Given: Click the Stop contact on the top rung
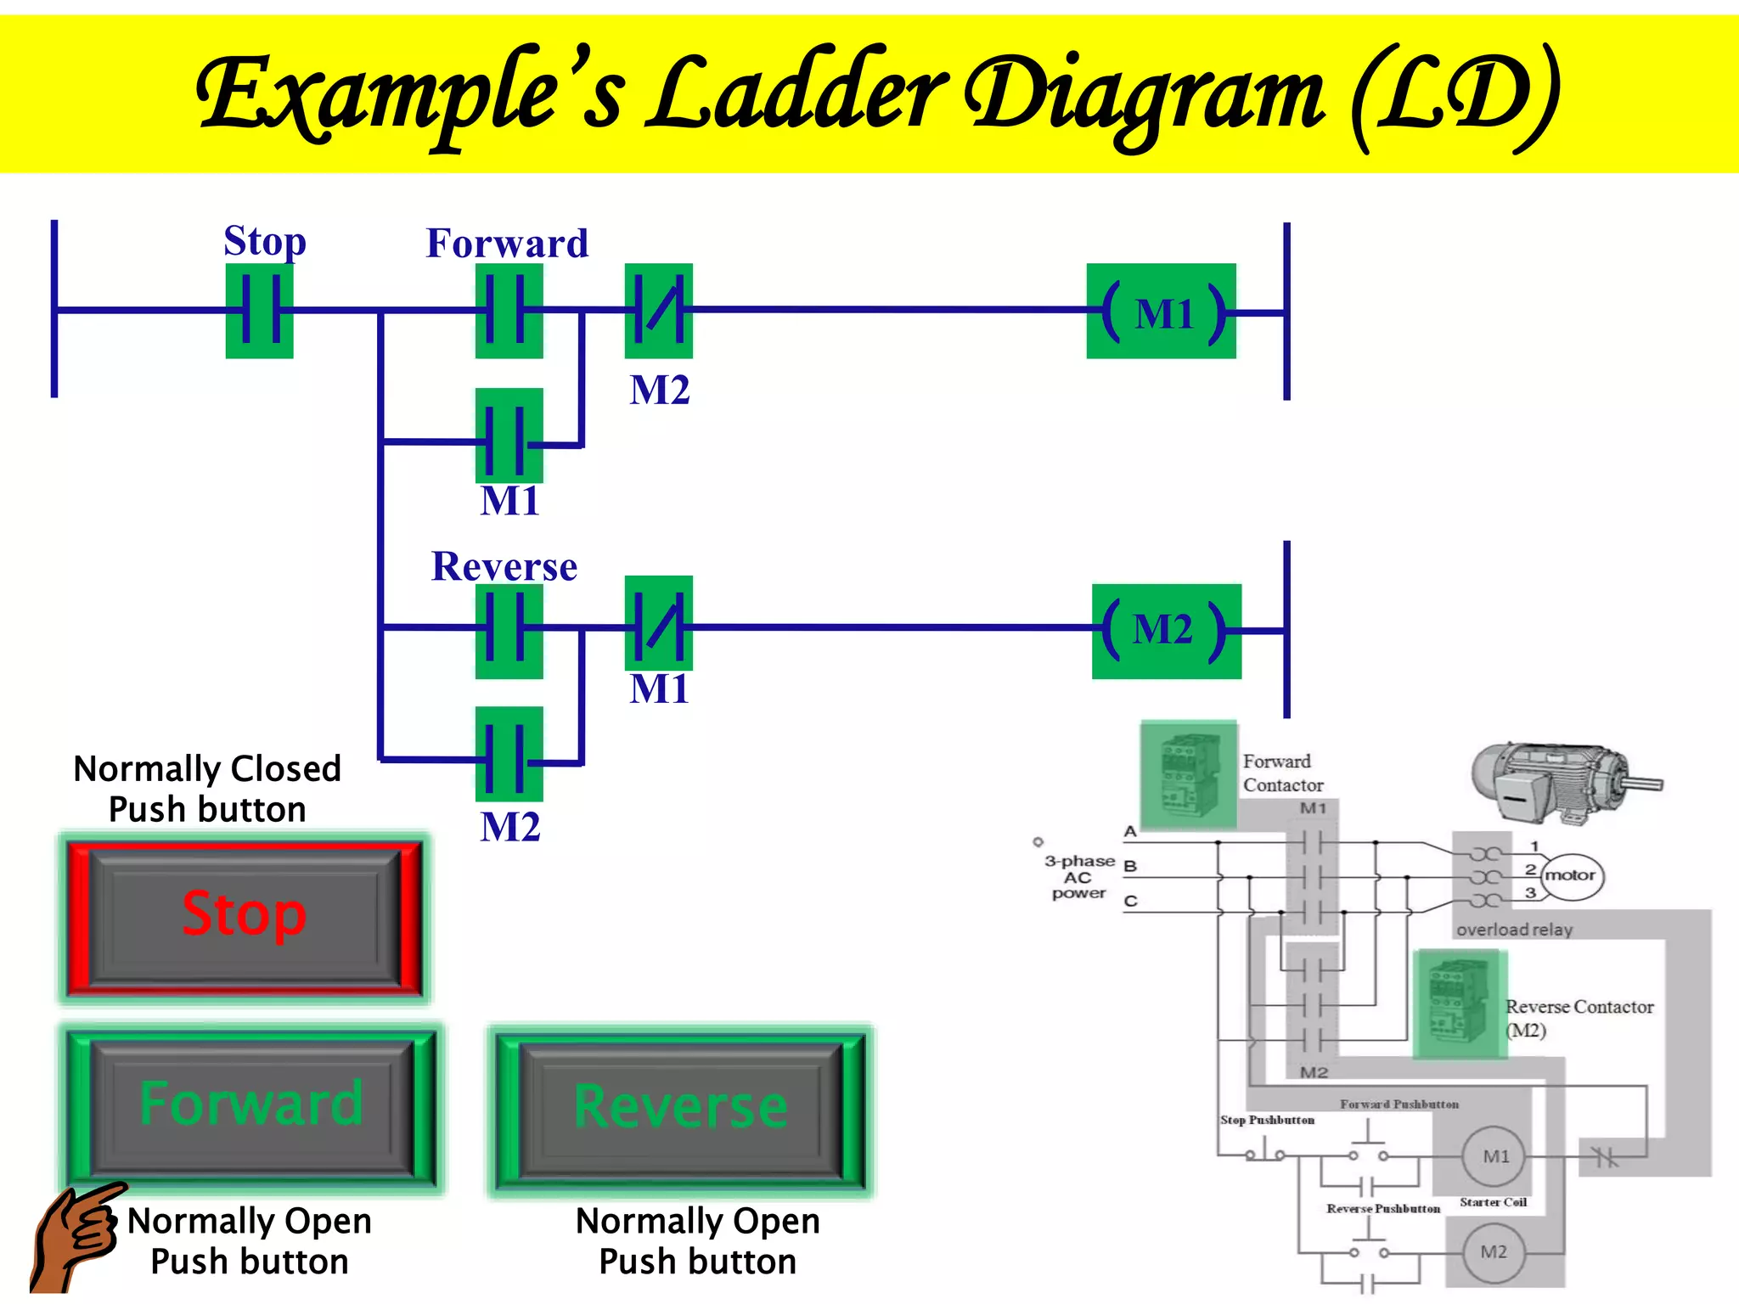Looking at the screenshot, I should click(259, 311).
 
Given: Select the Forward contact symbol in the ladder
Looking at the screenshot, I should click(509, 311).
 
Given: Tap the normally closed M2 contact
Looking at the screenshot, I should click(658, 311).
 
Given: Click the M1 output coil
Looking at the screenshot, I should click(1161, 312).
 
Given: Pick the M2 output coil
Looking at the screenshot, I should click(1166, 631).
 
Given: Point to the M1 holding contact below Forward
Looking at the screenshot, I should click(509, 436).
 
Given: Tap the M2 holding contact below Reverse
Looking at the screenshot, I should click(509, 754).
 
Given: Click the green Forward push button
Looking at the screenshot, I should click(251, 1106).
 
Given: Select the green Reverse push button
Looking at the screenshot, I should click(681, 1108).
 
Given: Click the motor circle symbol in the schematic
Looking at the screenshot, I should click(1572, 876).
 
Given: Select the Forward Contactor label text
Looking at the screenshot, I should click(1282, 773).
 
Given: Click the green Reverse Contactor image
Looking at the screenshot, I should click(1460, 1004).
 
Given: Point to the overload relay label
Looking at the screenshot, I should click(1514, 930).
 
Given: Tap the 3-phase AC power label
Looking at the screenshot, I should click(1078, 877).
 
